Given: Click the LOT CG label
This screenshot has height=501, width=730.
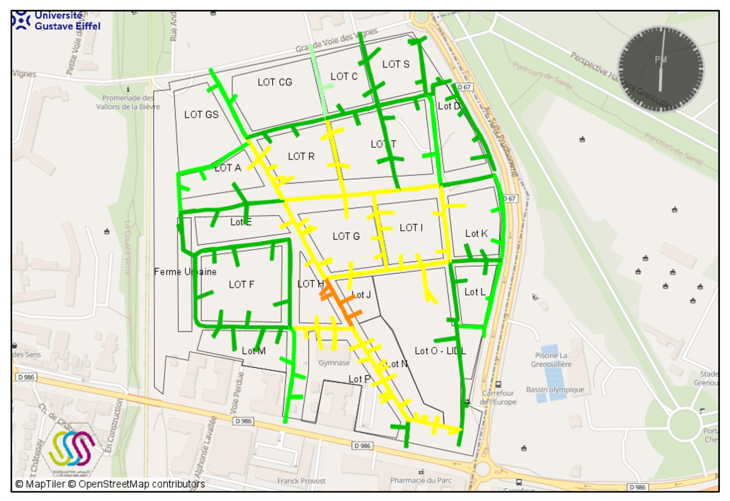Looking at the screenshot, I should [x=275, y=82].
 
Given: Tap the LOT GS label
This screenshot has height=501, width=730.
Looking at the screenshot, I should [x=201, y=115].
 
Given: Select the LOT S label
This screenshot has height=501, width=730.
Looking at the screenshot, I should [x=396, y=64].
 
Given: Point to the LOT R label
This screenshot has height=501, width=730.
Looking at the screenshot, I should [x=301, y=156].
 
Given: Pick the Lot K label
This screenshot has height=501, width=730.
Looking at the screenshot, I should [x=476, y=233].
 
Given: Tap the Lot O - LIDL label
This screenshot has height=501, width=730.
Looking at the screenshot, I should [x=440, y=351].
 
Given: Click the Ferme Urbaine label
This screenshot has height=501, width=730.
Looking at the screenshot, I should [x=185, y=272].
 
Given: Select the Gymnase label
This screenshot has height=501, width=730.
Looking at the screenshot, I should [x=334, y=363].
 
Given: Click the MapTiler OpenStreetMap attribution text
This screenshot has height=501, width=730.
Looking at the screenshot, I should [x=110, y=484].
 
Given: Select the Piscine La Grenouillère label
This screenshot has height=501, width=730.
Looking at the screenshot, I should [x=551, y=360].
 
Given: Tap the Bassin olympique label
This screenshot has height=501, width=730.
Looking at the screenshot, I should [x=555, y=390].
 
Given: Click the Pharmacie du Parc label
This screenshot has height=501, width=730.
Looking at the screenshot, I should [x=420, y=480].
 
